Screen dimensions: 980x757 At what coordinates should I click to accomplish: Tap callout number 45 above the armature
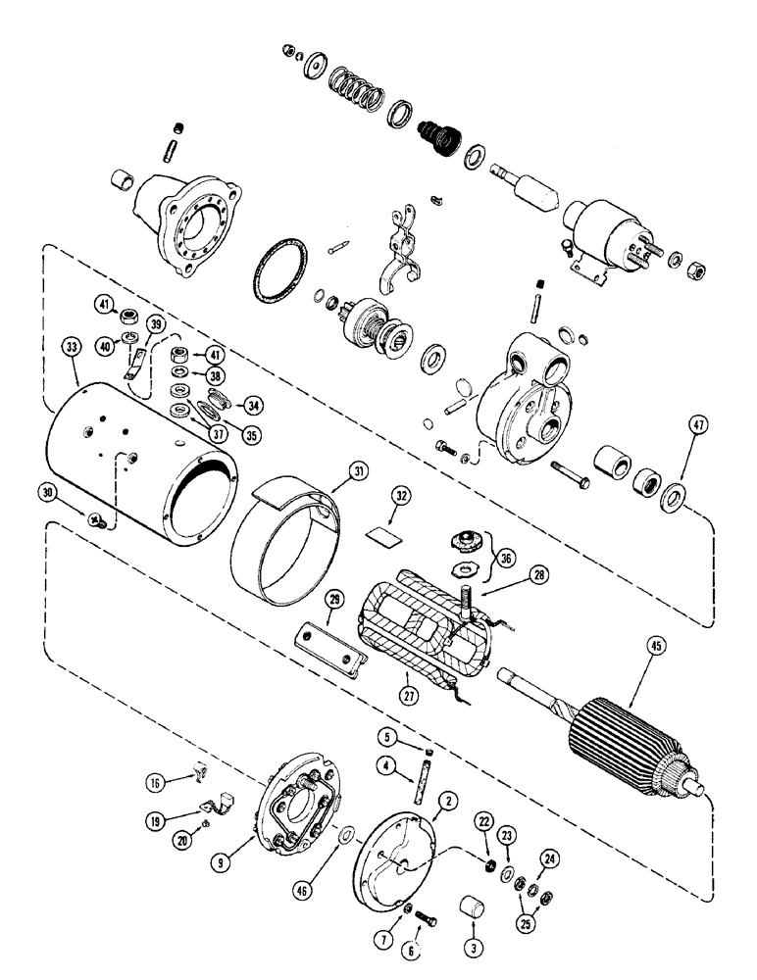pos(653,646)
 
